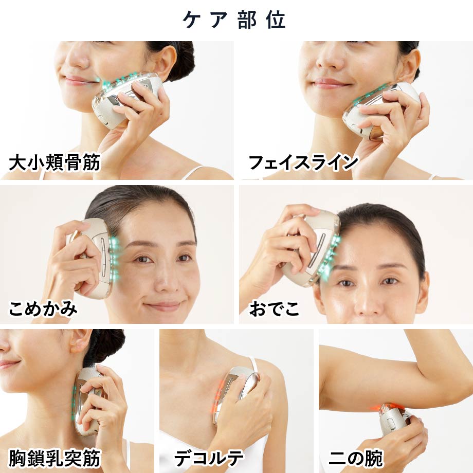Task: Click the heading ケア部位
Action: (236, 20)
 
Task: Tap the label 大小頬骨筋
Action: (54, 163)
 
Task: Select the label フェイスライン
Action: (303, 163)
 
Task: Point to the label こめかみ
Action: (43, 309)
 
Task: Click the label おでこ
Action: (274, 309)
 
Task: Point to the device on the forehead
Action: (314, 247)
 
